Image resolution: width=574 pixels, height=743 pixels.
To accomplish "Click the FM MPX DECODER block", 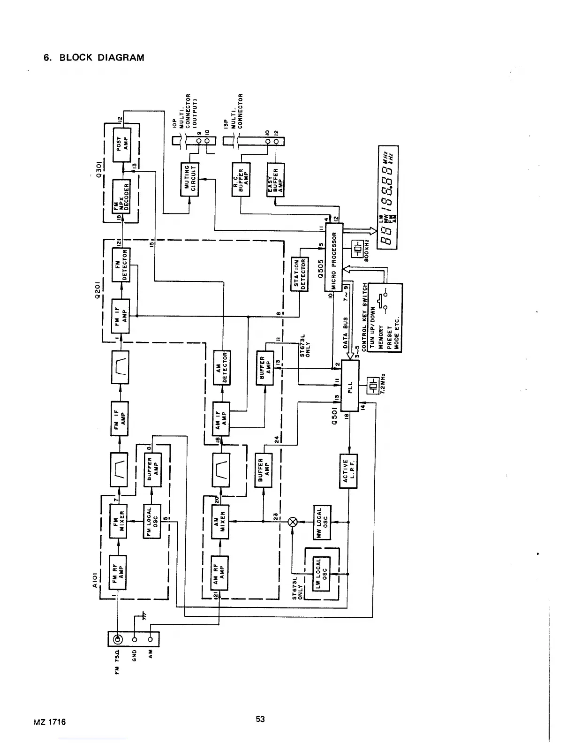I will [121, 196].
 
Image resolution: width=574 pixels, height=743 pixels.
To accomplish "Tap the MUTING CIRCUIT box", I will [190, 180].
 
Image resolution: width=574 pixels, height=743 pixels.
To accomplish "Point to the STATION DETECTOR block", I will [299, 274].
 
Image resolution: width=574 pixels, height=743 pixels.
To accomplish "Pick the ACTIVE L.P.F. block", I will [348, 471].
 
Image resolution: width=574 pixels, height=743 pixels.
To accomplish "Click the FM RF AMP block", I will [118, 571].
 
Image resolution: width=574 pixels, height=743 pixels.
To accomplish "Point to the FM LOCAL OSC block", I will [152, 522].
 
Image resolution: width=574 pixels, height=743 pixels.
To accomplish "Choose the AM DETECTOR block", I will [221, 368].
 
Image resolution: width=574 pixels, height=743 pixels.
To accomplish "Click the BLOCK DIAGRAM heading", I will [94, 58].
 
